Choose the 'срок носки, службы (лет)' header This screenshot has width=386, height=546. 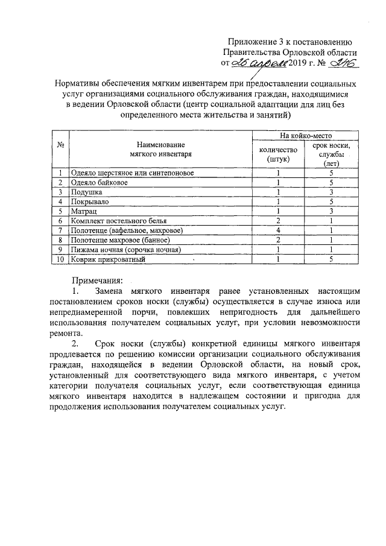point(332,154)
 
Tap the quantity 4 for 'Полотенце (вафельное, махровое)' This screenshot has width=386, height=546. point(278,230)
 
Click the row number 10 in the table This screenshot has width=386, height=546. point(60,259)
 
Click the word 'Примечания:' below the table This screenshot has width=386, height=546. point(97,280)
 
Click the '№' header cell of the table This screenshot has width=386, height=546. point(60,145)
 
